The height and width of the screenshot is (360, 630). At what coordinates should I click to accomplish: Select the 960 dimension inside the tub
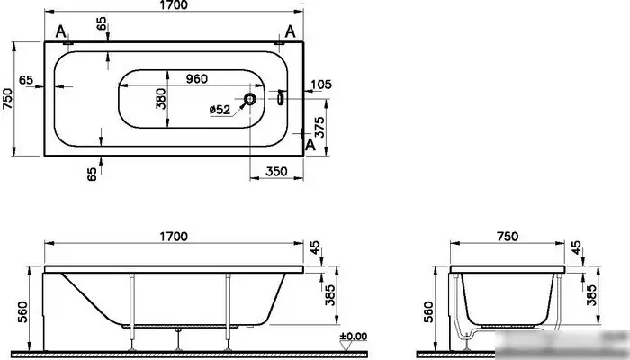tap(197, 78)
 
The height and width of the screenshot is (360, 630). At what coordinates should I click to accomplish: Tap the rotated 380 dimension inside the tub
tap(162, 98)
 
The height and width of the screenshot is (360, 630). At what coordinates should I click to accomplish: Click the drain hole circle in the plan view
tap(251, 99)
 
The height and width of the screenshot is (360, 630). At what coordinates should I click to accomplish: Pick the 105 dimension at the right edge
tap(320, 85)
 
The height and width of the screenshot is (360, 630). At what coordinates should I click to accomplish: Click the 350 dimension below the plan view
tap(277, 170)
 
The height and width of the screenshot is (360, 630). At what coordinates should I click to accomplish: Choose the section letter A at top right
tap(289, 32)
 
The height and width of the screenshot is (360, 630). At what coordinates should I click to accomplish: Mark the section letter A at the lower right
tap(310, 143)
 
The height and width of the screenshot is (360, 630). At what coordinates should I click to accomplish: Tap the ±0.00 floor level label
tap(354, 337)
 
